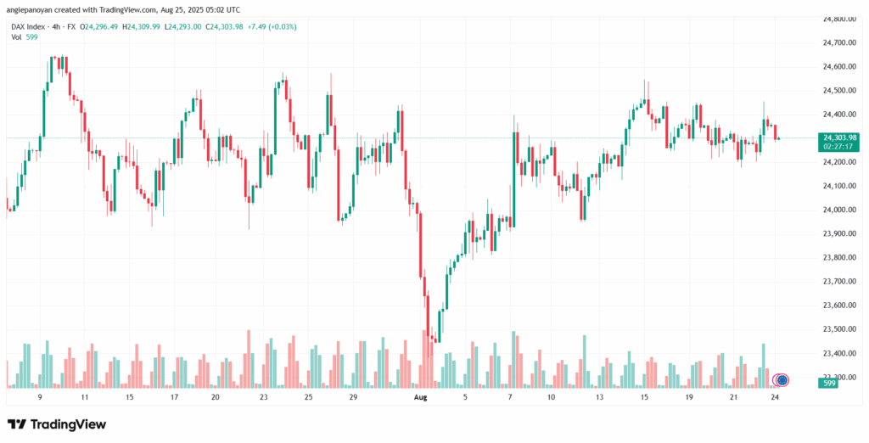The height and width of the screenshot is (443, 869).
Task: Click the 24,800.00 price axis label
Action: coord(839,18)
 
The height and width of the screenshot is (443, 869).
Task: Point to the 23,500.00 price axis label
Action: coord(839,328)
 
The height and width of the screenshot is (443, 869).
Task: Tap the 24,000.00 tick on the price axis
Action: coord(839,210)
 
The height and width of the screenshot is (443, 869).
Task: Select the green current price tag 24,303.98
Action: coord(840,137)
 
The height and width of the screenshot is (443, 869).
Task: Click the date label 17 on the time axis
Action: coord(174,396)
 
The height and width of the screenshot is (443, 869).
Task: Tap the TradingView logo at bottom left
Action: coord(57,423)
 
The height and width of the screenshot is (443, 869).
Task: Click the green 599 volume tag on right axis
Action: coord(831,384)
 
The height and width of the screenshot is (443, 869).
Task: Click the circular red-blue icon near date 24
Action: coord(782,379)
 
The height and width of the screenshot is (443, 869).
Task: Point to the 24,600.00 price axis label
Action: coord(839,65)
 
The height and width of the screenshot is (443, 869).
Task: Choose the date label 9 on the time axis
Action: coord(40,396)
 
